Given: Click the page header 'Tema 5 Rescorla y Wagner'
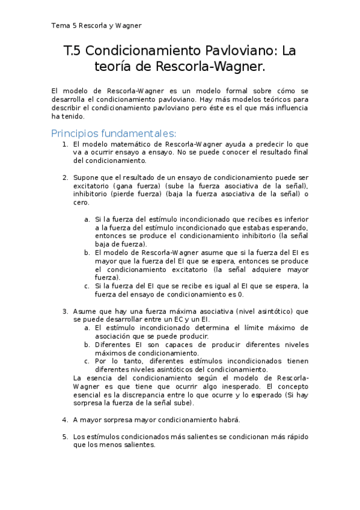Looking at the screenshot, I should point(96,25).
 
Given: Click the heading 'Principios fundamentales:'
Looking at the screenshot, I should point(114,133).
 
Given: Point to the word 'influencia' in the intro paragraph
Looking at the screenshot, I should point(288,108).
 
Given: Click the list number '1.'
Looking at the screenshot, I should point(66,145).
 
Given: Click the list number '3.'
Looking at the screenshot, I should point(66,311).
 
